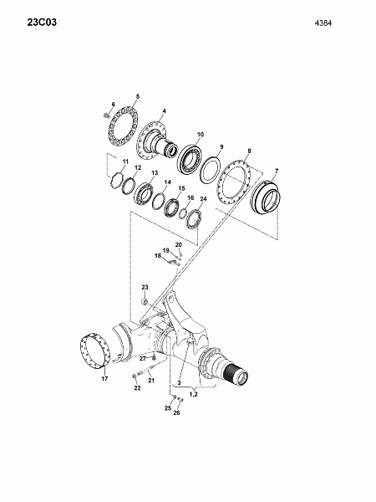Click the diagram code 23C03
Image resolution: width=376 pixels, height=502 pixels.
point(42,23)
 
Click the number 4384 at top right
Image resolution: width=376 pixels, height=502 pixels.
point(323,23)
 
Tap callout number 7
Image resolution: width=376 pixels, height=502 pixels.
point(277,171)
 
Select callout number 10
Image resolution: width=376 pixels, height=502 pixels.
point(201,135)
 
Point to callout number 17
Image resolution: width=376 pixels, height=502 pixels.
point(104,379)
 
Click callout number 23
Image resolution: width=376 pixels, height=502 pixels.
point(145,287)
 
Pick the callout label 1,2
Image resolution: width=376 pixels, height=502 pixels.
point(194,394)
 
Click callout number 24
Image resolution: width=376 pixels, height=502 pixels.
point(203,199)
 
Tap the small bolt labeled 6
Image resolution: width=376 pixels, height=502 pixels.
point(106,115)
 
